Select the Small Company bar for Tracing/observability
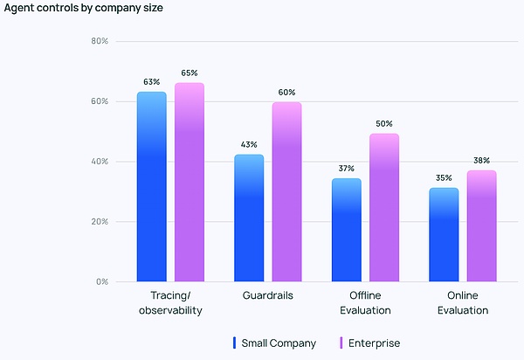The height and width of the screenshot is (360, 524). (x=151, y=187)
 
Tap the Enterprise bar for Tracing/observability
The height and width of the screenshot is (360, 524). (x=190, y=183)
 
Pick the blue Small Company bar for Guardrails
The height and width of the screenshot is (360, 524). (x=249, y=218)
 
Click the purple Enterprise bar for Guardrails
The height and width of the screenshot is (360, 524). (x=286, y=192)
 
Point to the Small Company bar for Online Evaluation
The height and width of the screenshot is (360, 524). (x=444, y=235)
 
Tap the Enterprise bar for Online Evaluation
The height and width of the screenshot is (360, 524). (x=481, y=226)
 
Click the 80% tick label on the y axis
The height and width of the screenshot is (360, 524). (x=99, y=41)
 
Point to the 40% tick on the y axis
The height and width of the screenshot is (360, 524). (x=99, y=162)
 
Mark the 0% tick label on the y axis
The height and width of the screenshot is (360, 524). (x=101, y=282)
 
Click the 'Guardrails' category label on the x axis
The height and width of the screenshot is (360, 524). (x=267, y=296)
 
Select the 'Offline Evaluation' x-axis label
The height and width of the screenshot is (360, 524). (x=365, y=303)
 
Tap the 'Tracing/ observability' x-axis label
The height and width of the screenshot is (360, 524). (x=170, y=303)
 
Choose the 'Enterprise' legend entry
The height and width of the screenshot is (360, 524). (x=374, y=343)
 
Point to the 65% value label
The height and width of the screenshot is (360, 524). (x=190, y=73)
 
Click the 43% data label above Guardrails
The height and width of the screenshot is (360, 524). (x=249, y=144)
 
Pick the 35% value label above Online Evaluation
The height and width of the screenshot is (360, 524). (x=444, y=177)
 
